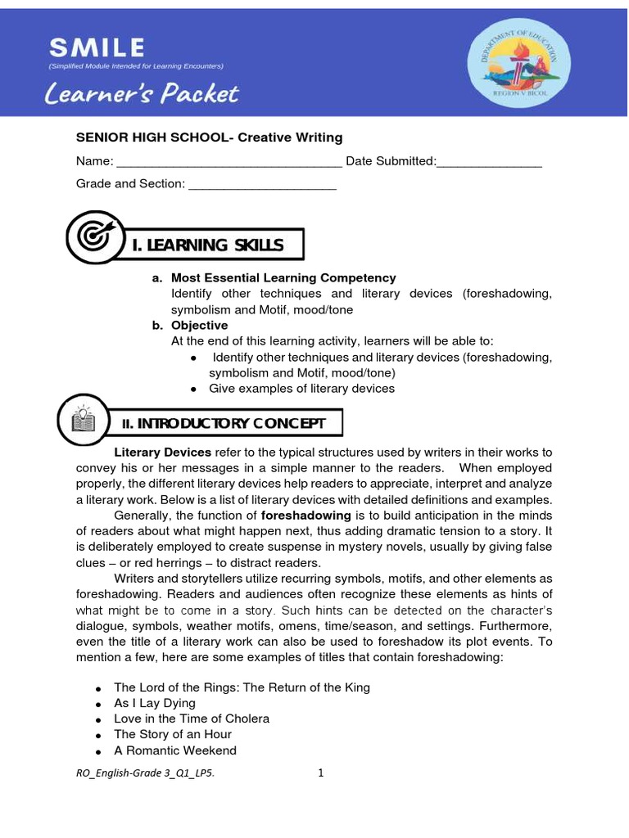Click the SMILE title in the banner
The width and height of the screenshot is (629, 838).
coord(96,47)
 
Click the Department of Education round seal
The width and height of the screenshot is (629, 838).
coord(514,62)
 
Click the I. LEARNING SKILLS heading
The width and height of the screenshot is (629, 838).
coord(208,245)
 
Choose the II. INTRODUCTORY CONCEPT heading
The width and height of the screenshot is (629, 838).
coord(224,423)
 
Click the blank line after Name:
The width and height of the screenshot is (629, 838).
coord(229,162)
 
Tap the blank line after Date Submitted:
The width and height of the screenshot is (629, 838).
coord(489,162)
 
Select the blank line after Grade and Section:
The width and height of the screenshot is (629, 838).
coord(262,184)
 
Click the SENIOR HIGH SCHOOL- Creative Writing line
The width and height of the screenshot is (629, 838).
coord(209,137)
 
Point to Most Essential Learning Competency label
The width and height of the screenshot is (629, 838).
coord(283,278)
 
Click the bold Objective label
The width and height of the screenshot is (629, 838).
coord(199,326)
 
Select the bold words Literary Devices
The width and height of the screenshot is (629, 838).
coord(162,453)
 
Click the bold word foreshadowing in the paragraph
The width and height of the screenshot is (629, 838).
coord(305,516)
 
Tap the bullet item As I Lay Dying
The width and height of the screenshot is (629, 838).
coord(155,703)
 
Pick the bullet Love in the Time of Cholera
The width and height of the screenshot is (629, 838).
coord(192,719)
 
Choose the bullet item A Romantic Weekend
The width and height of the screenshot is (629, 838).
coord(174,750)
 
